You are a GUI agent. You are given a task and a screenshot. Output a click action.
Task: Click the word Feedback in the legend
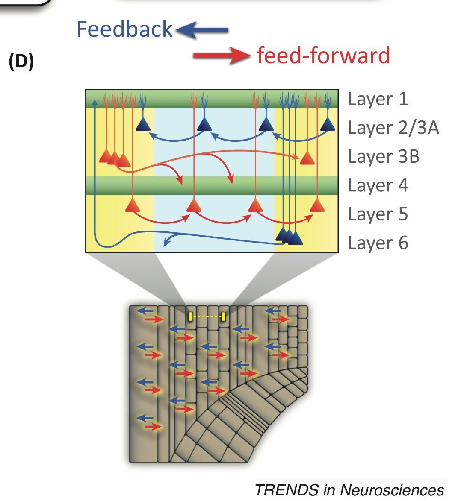(124, 29)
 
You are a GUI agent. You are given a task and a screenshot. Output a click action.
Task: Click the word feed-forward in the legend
(323, 56)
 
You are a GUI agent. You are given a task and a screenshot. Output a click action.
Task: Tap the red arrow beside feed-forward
(221, 56)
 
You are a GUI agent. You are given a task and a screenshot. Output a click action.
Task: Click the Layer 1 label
(378, 99)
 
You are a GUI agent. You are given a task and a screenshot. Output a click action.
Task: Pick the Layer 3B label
(384, 156)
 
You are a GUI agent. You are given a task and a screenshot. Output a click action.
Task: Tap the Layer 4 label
(378, 185)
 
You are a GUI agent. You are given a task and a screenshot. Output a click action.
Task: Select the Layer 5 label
(378, 214)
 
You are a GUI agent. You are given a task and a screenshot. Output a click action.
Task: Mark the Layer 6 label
(378, 243)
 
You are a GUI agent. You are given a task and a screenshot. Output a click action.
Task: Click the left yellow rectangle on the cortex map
(191, 316)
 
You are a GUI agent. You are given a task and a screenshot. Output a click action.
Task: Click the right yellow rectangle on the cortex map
(224, 316)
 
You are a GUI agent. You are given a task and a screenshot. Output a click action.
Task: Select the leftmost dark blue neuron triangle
(143, 124)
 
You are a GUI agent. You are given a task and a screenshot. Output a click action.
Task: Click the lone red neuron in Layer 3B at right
(307, 158)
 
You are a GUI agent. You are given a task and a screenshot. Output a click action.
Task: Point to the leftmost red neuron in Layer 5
(133, 206)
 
